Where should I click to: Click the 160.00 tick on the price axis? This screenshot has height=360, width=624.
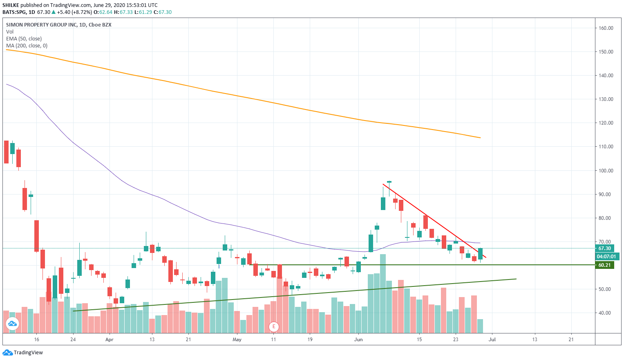coord(606,28)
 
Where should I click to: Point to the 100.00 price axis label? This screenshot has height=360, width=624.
coord(606,171)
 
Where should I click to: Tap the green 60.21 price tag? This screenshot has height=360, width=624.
coord(604,265)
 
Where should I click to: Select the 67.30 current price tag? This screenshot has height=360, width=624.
coord(604,248)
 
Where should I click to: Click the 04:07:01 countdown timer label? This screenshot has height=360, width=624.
coord(607,257)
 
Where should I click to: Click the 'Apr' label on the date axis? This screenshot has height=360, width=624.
coord(109,340)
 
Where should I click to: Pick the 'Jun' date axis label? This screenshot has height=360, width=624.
coord(358,340)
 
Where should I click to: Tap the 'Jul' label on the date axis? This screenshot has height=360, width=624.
coord(492,340)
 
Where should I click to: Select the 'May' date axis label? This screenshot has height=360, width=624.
coord(237,340)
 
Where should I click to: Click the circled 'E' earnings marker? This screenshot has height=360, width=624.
coord(274,326)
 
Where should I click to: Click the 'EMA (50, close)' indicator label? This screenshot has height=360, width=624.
coord(24,39)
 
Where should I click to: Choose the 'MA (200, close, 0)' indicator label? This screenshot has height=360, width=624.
coord(27,46)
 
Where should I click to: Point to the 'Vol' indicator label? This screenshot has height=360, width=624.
coord(10,32)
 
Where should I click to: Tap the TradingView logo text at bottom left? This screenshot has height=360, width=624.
coord(28,353)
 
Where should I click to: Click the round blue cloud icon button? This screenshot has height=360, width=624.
coord(12,324)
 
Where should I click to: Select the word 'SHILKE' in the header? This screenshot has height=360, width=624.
coord(11,5)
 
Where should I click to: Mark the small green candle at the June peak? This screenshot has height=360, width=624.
coord(389,182)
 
